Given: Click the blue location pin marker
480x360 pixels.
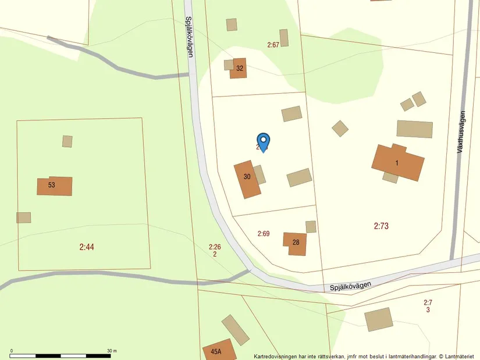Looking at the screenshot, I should [264, 141].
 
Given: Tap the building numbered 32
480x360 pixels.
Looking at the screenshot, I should [238, 68].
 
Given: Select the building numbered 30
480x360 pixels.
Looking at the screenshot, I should [248, 179].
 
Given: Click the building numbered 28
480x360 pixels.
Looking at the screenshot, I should [295, 243].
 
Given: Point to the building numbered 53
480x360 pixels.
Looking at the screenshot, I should [55, 186].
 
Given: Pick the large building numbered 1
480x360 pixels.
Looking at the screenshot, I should [398, 162].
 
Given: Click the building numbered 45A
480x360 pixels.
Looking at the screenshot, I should [219, 351].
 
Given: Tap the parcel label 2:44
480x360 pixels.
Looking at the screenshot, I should [87, 247].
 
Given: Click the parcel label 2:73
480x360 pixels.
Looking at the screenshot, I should [381, 226].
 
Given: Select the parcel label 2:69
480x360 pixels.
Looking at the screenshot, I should [264, 234].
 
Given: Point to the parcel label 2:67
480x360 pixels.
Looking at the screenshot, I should [273, 45].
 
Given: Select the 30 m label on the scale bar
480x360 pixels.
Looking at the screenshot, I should [112, 351].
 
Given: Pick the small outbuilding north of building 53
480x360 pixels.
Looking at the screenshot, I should [67, 141].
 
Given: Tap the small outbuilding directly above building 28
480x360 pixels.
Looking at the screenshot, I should [311, 227].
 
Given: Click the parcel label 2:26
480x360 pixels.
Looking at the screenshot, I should [215, 247].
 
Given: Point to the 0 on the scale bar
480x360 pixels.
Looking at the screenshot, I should [12, 351].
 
